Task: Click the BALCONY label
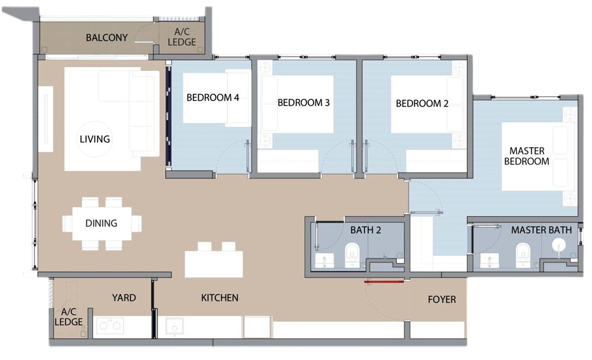[107, 38]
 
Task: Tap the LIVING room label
[95, 139]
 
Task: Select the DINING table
[102, 223]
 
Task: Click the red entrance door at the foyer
[384, 281]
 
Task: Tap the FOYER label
[442, 299]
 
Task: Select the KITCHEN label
[220, 298]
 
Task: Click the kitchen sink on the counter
[174, 326]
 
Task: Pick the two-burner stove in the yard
[110, 325]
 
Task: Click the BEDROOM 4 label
[213, 98]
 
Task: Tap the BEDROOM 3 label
[304, 102]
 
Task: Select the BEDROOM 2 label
[422, 103]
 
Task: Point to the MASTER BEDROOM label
[527, 156]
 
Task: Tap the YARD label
[124, 298]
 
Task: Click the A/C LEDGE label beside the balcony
[182, 37]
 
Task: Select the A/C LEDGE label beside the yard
[69, 317]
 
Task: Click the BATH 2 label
[366, 230]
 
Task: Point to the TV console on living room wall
[46, 119]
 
